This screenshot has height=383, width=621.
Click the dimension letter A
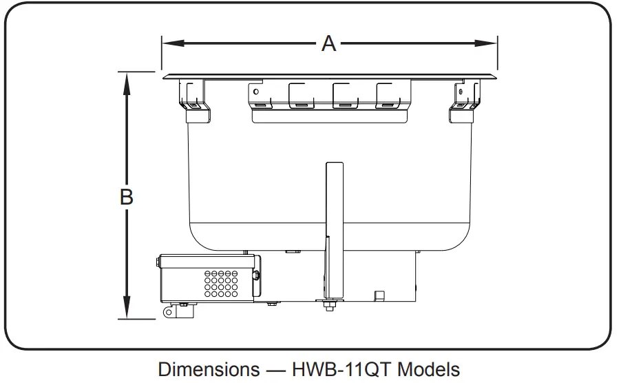point(329,43)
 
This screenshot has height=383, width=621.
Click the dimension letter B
point(127,196)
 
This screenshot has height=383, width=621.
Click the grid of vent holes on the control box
point(221,283)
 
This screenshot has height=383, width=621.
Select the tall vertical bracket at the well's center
point(333,227)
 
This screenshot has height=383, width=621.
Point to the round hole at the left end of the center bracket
point(256,91)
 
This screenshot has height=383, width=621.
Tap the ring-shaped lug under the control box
point(170,312)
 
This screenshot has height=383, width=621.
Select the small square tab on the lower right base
point(378,296)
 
